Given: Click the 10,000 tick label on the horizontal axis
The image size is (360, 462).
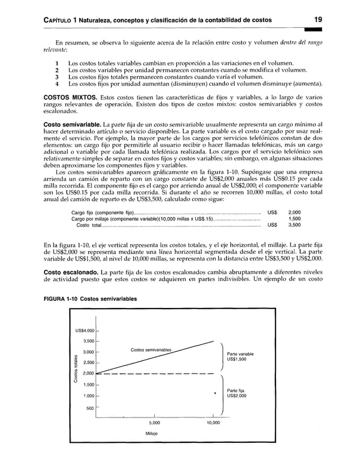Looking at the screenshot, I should [213, 423].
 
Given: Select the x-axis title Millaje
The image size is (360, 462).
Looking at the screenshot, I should [153, 434].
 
